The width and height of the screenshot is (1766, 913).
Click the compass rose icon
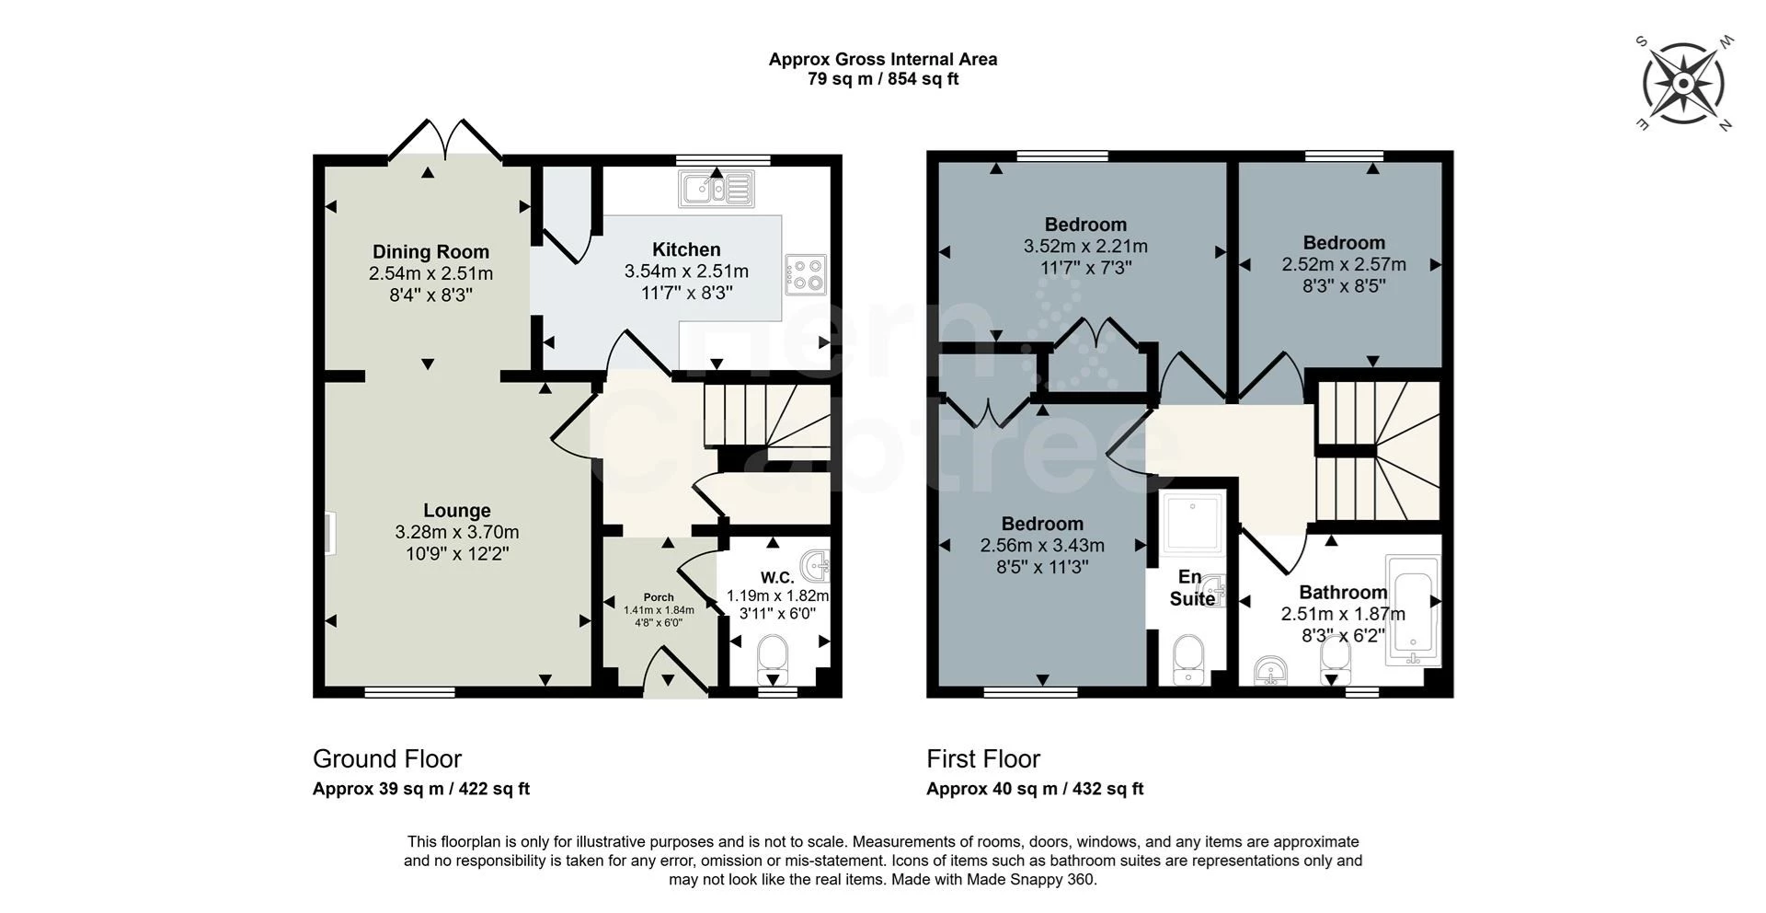(1682, 84)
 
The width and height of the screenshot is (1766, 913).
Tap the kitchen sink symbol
(716, 190)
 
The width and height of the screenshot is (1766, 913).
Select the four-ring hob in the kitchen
(806, 274)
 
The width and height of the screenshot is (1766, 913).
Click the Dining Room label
(430, 251)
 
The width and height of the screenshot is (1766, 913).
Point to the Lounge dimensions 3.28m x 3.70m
(457, 532)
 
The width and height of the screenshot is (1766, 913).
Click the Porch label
(659, 597)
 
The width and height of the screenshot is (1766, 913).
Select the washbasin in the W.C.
(816, 562)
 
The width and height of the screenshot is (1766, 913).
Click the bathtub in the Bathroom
(1412, 610)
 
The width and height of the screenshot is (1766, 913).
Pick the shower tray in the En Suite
(1193, 525)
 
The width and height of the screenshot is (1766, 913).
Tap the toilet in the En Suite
(1189, 659)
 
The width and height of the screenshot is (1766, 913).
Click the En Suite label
(1191, 587)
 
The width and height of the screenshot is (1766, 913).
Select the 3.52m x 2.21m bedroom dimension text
(1085, 247)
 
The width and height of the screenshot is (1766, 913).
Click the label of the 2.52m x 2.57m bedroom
(1344, 243)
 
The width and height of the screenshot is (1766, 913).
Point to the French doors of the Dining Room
(446, 141)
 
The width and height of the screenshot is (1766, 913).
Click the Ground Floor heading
(387, 758)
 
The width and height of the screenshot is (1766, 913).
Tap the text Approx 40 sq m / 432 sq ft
(1035, 789)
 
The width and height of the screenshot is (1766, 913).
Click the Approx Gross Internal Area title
(883, 59)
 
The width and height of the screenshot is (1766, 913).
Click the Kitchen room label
(686, 249)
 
